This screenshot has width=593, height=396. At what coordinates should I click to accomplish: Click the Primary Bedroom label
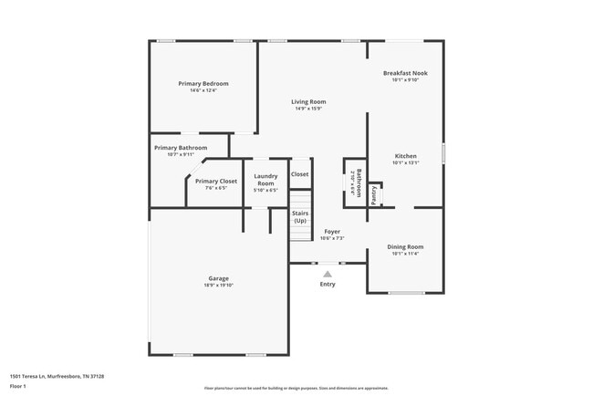[203, 84]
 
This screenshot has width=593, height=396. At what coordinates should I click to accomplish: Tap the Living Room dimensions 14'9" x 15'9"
[308, 109]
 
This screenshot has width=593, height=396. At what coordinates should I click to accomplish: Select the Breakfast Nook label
[405, 73]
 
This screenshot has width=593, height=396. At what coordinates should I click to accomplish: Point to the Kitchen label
[405, 156]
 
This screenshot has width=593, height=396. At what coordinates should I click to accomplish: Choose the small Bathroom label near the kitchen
[359, 182]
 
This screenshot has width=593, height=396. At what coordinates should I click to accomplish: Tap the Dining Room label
[405, 246]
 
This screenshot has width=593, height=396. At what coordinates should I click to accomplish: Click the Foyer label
[332, 232]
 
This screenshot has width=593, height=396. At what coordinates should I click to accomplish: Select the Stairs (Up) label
[300, 217]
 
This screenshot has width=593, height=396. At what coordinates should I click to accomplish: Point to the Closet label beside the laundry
[299, 174]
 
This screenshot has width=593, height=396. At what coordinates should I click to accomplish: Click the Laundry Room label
[265, 179]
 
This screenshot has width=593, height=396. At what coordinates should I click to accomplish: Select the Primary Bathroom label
[181, 148]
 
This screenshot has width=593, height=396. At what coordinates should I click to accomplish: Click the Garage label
[218, 278]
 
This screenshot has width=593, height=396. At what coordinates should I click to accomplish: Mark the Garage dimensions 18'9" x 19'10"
[218, 286]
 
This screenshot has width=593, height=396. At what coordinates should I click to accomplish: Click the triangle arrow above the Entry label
[328, 272]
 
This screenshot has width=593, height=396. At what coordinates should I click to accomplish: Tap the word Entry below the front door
[328, 284]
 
